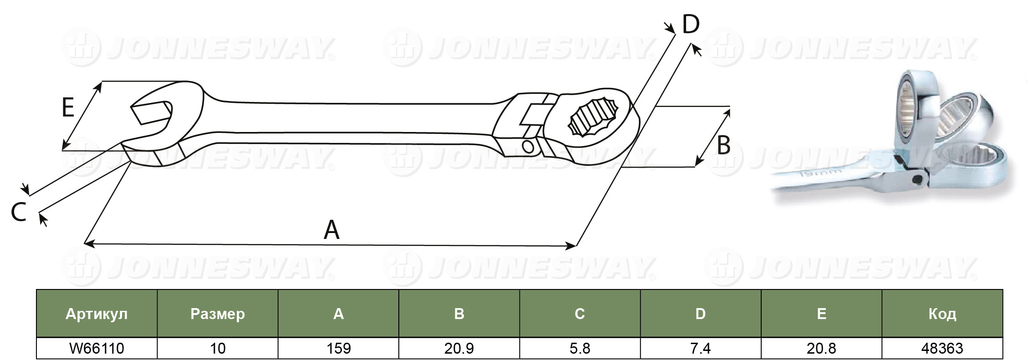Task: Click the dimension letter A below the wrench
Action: tap(331, 230)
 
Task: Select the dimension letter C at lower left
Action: tap(19, 213)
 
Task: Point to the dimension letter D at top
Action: tap(691, 24)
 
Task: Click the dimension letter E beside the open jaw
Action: tap(68, 108)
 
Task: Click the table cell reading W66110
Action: tap(97, 349)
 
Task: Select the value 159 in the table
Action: tap(339, 349)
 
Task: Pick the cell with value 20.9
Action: tap(459, 349)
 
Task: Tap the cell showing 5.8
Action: tap(580, 349)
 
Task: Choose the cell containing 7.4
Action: tap(701, 349)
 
